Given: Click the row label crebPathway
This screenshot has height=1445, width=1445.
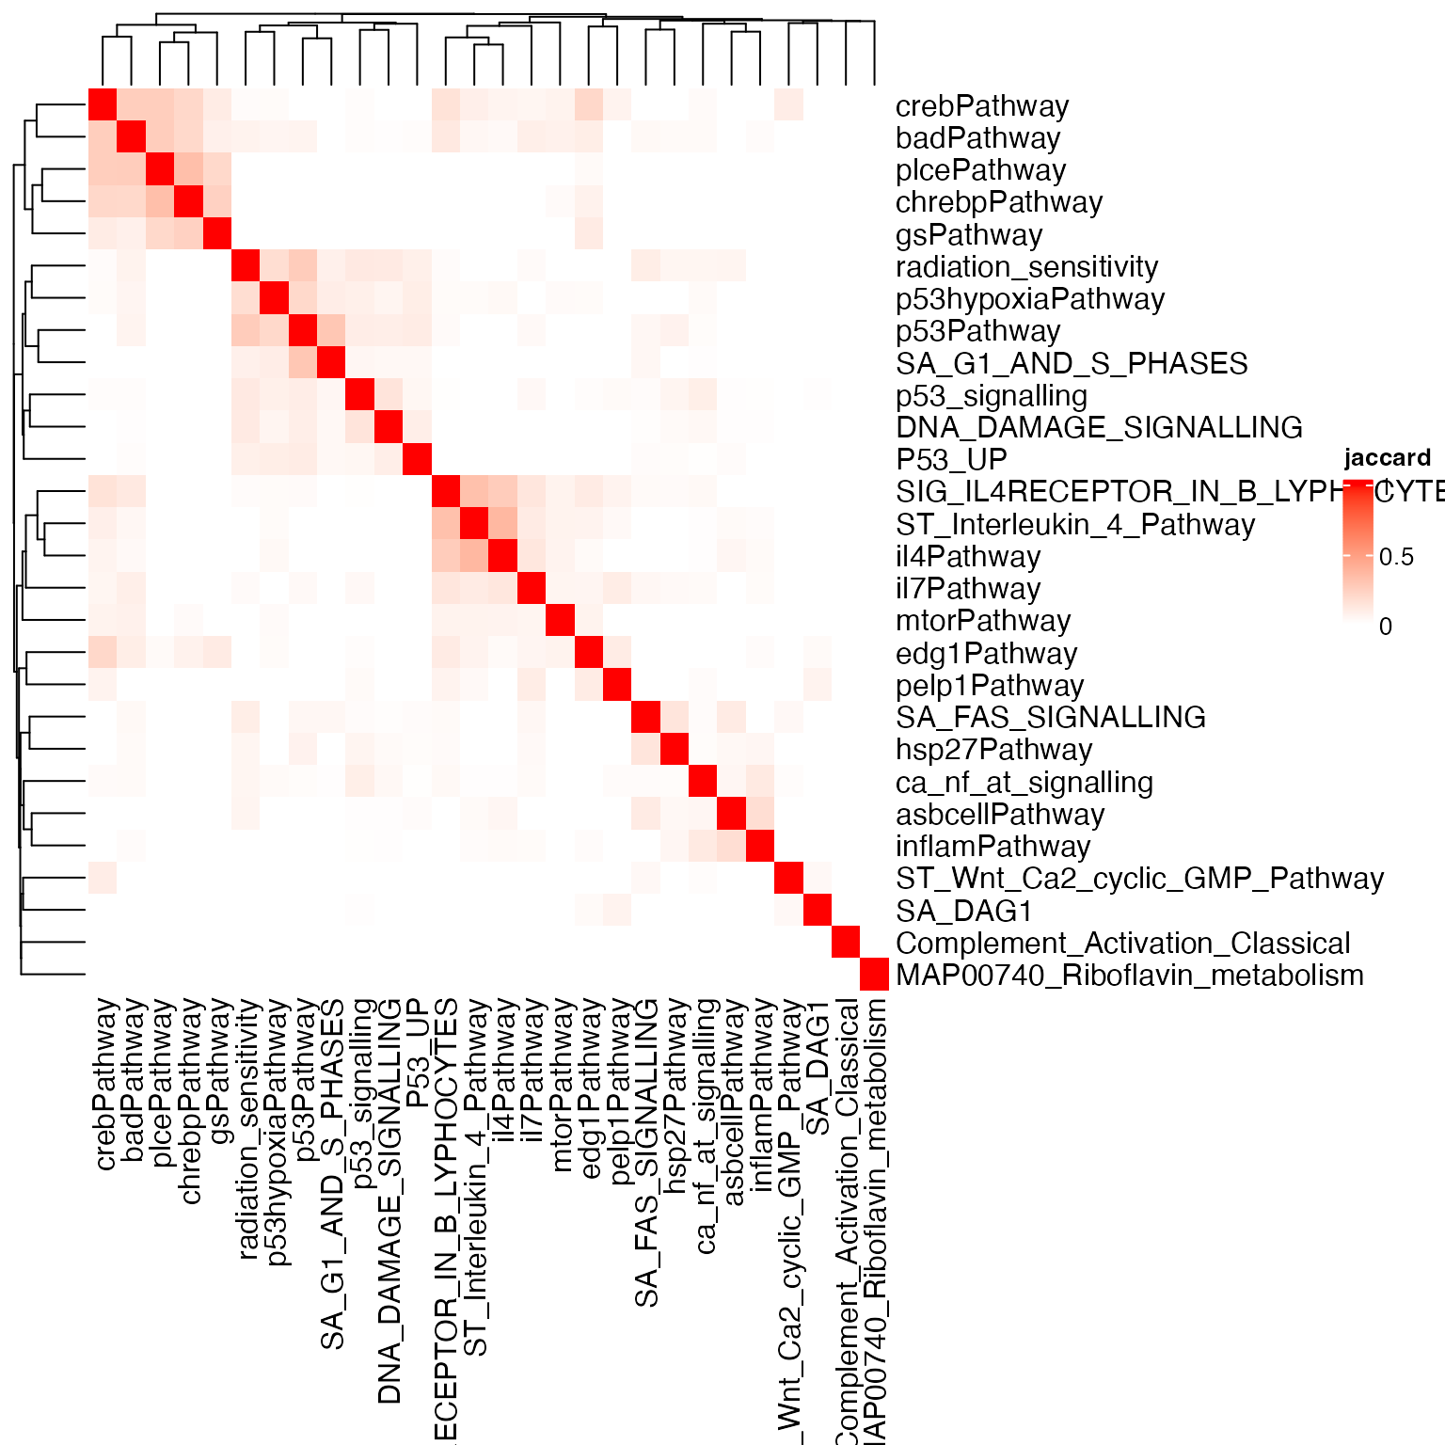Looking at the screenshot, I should (981, 106).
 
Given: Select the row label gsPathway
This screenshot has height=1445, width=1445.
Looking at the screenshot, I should (968, 235).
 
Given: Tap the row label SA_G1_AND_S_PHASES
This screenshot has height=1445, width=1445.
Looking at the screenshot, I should (1071, 364).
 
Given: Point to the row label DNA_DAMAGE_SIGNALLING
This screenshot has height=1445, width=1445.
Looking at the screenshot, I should (1098, 428).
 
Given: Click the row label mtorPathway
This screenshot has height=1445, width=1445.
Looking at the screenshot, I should (982, 621).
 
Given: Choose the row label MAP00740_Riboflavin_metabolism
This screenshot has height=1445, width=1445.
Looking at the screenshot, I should (1129, 976).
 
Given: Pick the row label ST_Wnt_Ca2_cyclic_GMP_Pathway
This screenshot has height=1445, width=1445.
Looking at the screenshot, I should (1139, 879).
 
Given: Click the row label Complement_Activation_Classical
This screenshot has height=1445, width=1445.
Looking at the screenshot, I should (1122, 944).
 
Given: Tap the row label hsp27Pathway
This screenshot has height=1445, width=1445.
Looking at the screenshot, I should (993, 750).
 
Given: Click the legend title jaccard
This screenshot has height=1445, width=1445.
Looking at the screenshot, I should (1387, 458).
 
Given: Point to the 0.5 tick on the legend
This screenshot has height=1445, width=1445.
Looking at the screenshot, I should (1396, 557).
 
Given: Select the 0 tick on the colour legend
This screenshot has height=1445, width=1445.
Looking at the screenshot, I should (1385, 627).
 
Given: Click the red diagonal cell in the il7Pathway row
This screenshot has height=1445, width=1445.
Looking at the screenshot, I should (532, 589).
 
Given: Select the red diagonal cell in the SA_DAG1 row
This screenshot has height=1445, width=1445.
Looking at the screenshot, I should (818, 911).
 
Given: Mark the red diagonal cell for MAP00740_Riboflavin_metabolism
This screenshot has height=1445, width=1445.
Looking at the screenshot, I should (874, 976).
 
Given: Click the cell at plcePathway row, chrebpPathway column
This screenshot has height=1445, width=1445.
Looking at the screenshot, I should (189, 170).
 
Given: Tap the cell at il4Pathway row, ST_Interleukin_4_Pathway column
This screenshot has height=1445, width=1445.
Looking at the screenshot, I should (475, 557).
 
